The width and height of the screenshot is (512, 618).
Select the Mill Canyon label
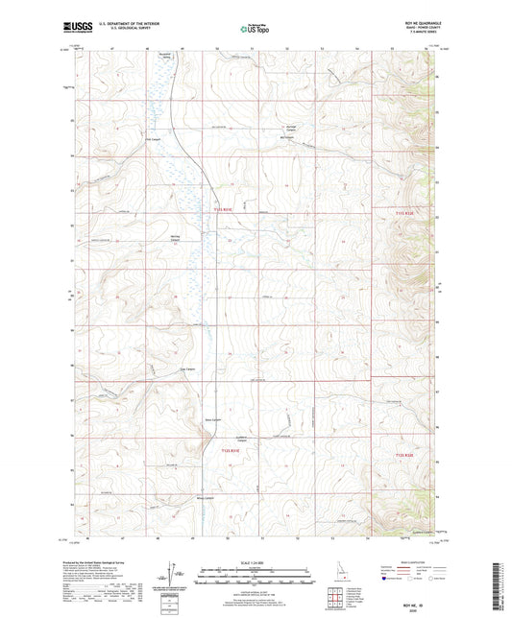[x=284, y=134]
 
